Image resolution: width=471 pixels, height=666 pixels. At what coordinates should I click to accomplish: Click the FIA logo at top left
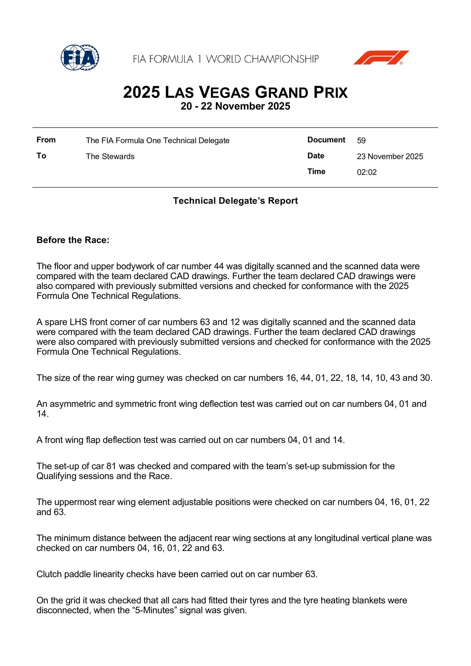pos(79,58)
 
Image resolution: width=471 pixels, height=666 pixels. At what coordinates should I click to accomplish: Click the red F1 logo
pos(381,58)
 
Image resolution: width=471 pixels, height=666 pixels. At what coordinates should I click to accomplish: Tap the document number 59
pos(361,141)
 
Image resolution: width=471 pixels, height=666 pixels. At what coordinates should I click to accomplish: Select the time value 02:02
pos(367,172)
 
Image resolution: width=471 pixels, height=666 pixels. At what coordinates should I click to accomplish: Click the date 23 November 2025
pos(390,156)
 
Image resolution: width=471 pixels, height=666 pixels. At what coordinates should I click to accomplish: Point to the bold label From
pos(46,140)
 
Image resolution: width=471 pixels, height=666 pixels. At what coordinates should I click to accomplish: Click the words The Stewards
pos(110,156)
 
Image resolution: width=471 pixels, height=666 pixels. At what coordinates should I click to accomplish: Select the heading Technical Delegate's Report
pos(235,201)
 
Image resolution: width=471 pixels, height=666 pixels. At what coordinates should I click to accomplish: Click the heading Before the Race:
pos(73,240)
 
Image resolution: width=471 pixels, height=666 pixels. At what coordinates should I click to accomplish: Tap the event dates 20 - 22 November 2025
pos(235,106)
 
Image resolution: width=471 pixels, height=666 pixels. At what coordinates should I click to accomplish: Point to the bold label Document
pos(326,140)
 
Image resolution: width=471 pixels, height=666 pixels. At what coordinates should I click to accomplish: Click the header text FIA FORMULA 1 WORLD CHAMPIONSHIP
pos(225,59)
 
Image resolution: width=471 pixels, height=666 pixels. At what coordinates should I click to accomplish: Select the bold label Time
pos(316,172)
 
